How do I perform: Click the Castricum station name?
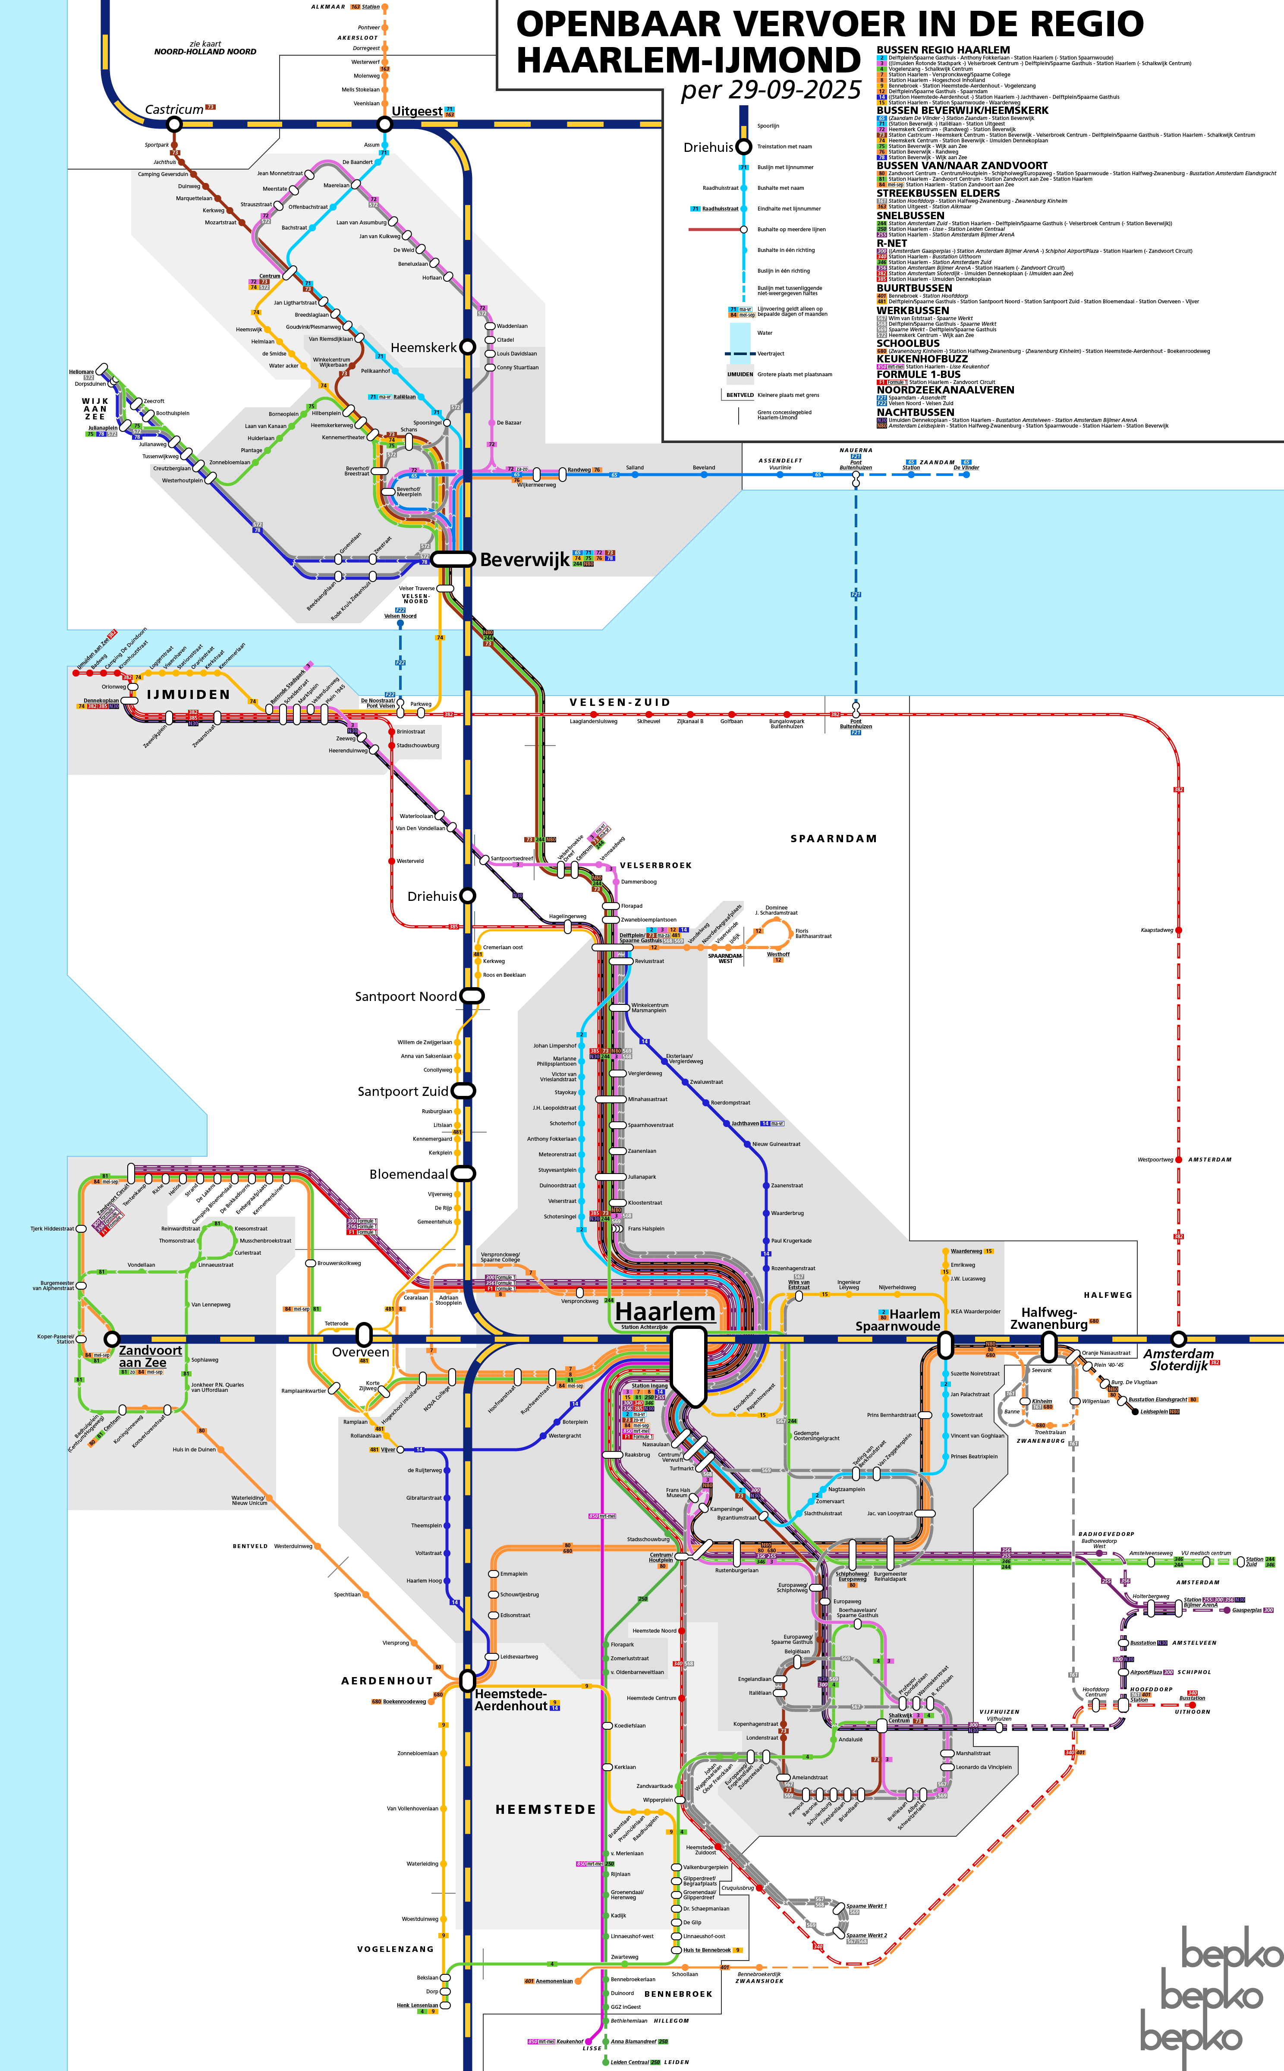coord(174,110)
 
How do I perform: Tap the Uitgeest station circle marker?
coord(385,124)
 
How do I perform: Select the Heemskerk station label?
coord(424,347)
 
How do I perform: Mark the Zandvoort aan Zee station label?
coord(150,1356)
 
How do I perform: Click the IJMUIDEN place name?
coord(189,695)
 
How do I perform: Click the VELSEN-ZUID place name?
coord(620,702)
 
